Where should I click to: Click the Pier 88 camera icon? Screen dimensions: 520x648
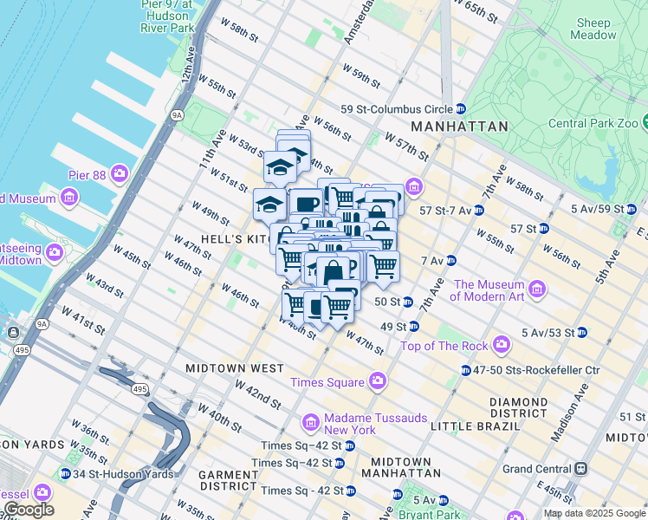(x=120, y=175)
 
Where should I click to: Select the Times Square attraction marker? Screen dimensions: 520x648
(x=377, y=380)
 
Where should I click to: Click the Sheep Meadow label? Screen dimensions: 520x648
(x=593, y=29)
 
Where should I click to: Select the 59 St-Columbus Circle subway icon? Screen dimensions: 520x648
(x=461, y=109)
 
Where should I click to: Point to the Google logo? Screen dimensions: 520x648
(x=28, y=510)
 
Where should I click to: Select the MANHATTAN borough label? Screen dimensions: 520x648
(x=459, y=127)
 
